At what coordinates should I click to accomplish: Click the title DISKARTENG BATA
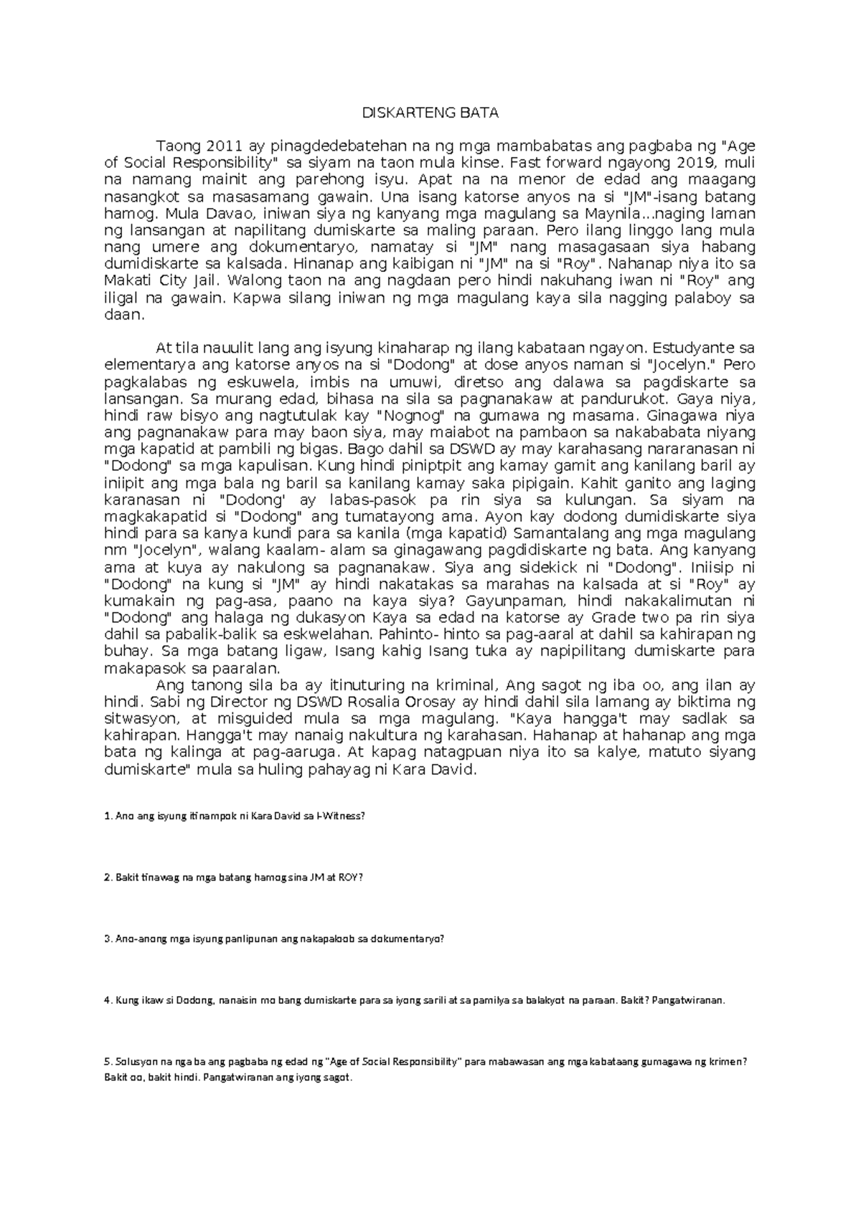(430, 113)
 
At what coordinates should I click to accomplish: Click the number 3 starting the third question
(106, 939)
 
